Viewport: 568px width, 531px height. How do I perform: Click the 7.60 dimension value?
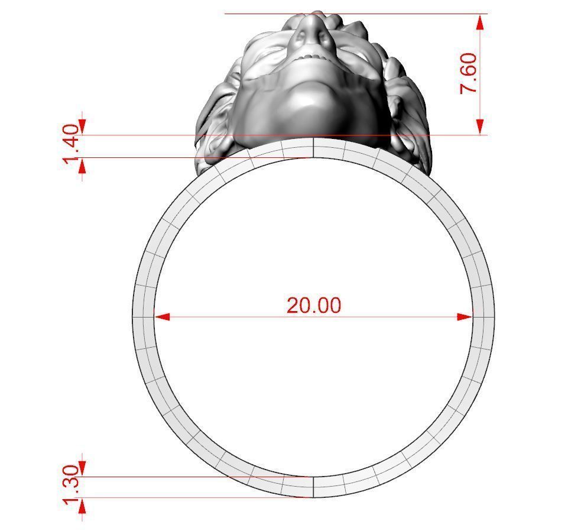coord(469,73)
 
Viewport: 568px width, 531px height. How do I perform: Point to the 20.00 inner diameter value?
coord(314,306)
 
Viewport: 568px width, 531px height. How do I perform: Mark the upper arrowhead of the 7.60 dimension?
coord(481,22)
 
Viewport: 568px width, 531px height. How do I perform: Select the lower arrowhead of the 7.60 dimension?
coord(481,126)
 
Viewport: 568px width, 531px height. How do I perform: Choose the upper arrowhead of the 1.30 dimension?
coord(82,468)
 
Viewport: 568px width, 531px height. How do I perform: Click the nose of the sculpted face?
coord(308,33)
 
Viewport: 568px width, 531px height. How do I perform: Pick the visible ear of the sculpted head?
coord(215,145)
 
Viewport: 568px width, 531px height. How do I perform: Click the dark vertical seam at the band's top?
coord(313,148)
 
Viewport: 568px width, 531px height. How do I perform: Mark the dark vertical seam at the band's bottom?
coord(313,487)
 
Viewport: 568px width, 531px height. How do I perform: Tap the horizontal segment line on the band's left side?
coord(144,317)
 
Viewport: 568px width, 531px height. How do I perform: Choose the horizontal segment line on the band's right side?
coord(483,317)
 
